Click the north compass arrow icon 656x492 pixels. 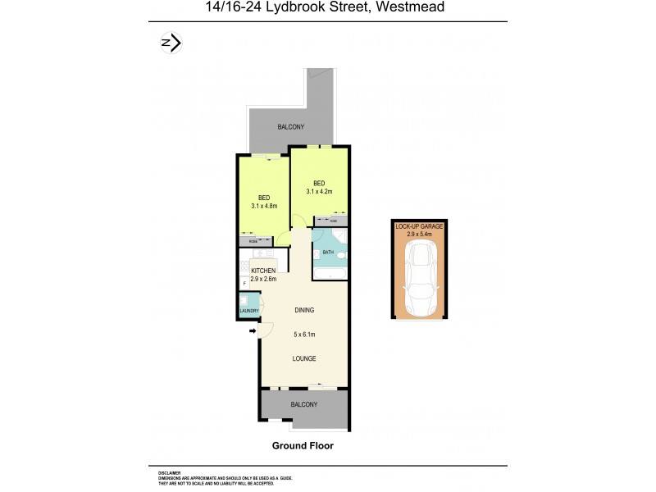171,43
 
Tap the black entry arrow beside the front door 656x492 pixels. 252,331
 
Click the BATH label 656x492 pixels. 328,253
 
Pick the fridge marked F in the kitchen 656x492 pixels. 244,284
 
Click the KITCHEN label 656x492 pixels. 263,271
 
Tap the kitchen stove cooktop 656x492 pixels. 244,266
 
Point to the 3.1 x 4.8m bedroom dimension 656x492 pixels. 264,206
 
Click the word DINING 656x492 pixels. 304,310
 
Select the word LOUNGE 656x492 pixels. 304,359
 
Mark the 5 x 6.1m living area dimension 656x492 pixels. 304,335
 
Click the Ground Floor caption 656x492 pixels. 303,446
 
